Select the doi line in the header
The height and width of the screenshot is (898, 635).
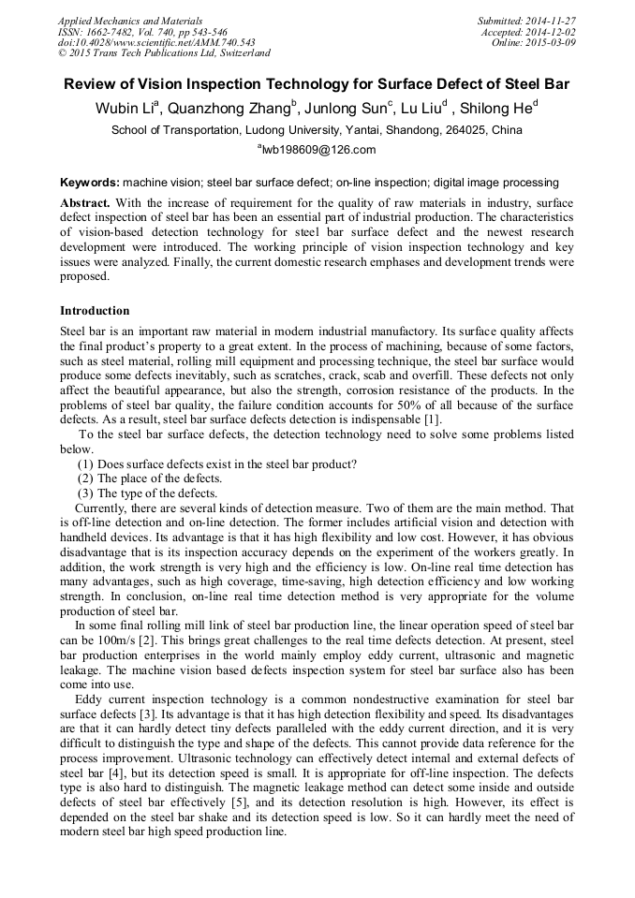click(156, 42)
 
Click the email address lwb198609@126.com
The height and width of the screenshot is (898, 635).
click(317, 150)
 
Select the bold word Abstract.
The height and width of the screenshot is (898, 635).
click(85, 203)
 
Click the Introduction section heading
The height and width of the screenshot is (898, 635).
click(95, 310)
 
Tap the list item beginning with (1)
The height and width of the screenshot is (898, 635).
click(216, 464)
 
